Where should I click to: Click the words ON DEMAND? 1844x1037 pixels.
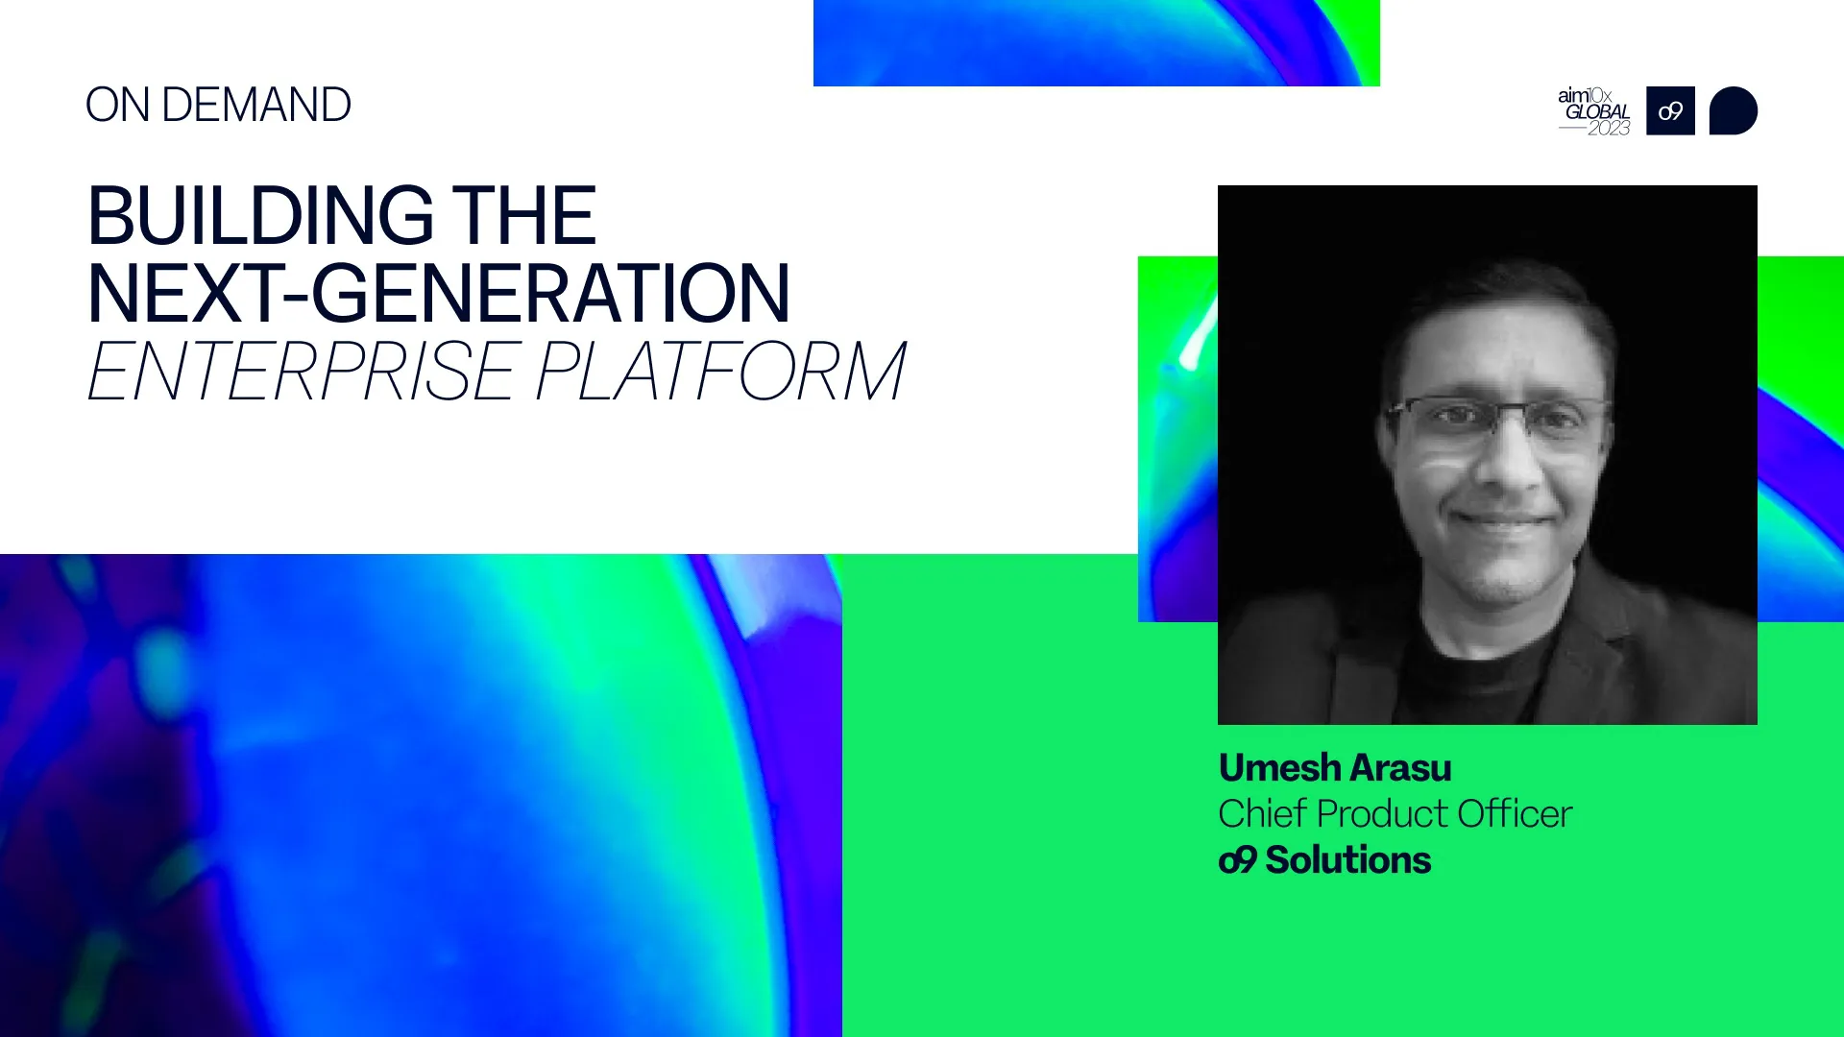218,105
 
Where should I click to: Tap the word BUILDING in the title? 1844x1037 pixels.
260,216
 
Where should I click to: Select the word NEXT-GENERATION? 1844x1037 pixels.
438,294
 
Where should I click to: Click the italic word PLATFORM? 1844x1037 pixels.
720,372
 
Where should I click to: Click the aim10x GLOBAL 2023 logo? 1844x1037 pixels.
1594,111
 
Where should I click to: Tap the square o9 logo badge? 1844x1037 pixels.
1670,111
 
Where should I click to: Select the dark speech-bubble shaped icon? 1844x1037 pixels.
1733,111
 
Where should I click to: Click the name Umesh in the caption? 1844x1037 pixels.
1279,768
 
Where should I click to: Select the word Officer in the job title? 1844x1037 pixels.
1515,814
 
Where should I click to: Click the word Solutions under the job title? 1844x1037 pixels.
1347,860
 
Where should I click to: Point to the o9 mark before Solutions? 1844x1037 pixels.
1237,860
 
